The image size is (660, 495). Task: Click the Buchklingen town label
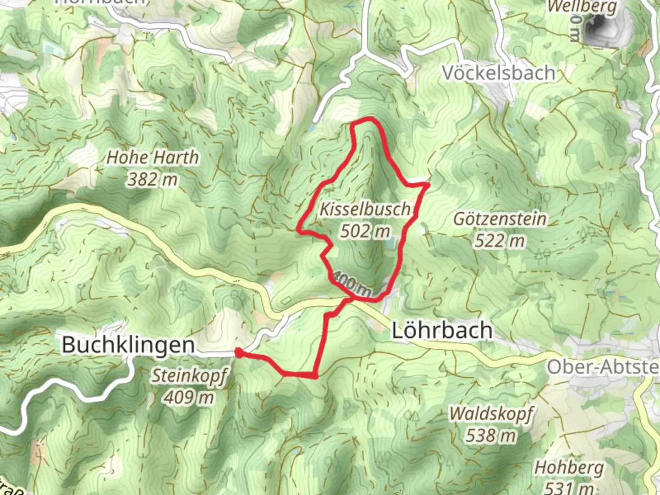[128, 345]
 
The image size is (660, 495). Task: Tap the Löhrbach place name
[442, 330]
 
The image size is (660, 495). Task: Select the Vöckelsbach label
[499, 73]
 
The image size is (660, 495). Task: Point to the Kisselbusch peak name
[365, 209]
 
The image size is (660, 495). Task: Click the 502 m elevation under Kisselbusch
[365, 231]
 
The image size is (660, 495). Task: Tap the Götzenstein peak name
[500, 219]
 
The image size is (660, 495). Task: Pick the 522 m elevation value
[500, 240]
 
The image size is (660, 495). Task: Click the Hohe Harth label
[153, 158]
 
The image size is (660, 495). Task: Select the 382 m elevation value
[152, 179]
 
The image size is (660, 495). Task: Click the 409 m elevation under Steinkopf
[189, 397]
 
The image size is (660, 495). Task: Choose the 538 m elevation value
[491, 435]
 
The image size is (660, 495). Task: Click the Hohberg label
[569, 468]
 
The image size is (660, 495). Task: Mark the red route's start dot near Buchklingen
[238, 352]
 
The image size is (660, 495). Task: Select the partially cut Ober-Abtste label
[603, 367]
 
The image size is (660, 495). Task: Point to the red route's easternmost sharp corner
[428, 184]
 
